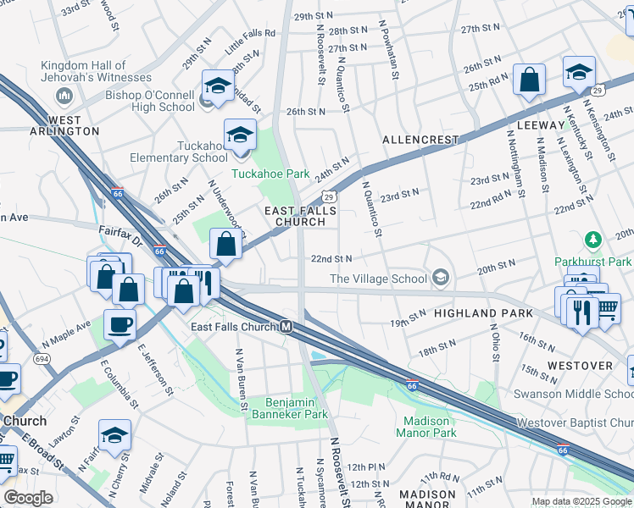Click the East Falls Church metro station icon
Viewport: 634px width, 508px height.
[287, 327]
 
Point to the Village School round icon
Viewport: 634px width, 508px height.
[440, 278]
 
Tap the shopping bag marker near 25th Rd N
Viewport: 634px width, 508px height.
[529, 82]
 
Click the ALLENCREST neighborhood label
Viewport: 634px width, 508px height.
[420, 140]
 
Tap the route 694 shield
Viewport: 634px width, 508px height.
[40, 359]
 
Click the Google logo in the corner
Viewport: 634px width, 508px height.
[28, 499]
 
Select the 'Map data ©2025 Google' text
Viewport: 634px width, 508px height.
[581, 501]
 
